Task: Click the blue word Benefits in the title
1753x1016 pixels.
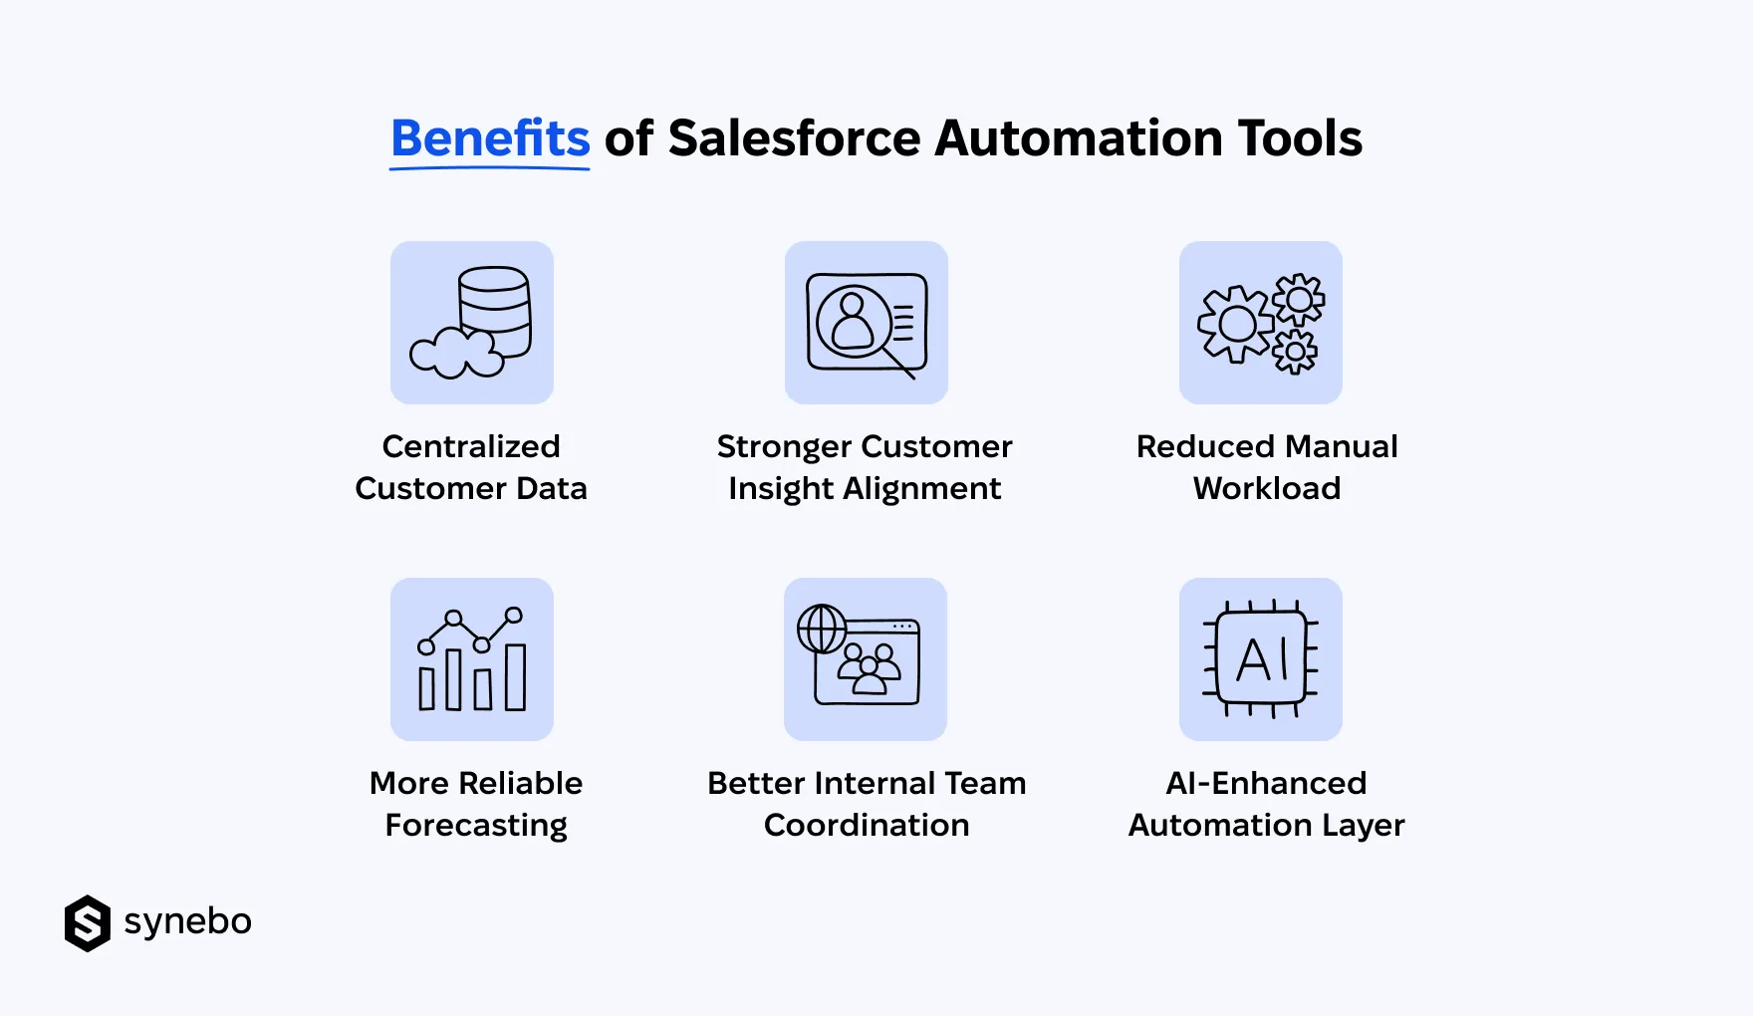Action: (490, 138)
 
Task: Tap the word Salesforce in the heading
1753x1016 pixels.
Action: (794, 138)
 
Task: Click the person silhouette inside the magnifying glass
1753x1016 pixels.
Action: (853, 320)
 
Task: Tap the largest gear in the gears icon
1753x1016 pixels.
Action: (1236, 324)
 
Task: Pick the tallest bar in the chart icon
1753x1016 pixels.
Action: (515, 677)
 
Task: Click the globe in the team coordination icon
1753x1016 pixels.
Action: (822, 629)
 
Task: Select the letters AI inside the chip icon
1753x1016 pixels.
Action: (1262, 659)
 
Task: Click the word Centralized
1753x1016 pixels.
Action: (471, 446)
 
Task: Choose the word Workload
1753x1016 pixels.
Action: (1267, 488)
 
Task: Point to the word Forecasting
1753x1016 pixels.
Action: (476, 825)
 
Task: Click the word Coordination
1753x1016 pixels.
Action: (867, 825)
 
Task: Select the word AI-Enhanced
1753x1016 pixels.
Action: (1266, 783)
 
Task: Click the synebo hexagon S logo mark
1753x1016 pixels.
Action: (88, 923)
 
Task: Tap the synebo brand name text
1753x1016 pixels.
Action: (187, 921)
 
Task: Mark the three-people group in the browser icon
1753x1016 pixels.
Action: (870, 667)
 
